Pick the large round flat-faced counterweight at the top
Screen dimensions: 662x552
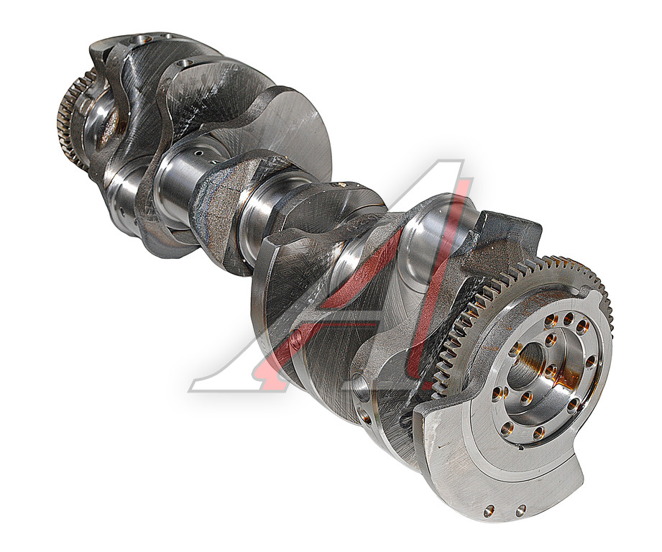(287, 126)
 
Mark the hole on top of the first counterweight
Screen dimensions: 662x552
(139, 40)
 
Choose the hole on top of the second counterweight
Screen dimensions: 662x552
(183, 65)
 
